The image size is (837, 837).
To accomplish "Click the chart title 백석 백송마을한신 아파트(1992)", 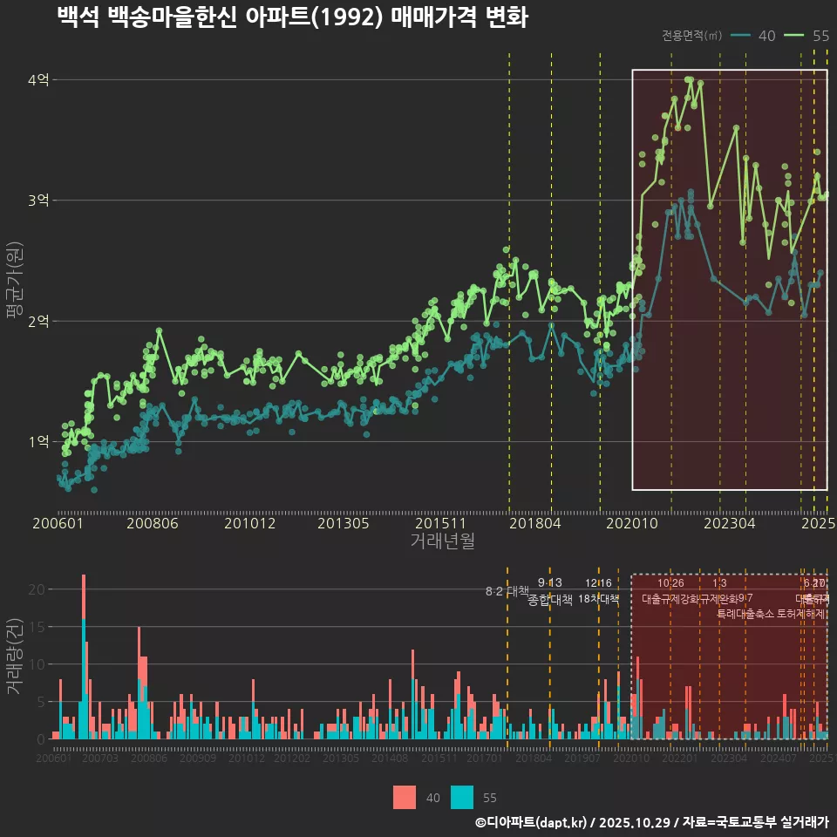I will point(292,17).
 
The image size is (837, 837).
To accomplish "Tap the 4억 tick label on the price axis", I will point(39,80).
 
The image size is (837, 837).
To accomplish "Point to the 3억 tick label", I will point(39,201).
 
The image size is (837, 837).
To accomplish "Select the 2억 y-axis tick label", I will point(39,322).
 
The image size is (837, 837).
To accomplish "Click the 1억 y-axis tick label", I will point(39,442).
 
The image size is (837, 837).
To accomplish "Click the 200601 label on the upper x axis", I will point(58,524).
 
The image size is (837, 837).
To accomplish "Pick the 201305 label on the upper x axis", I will point(343,524).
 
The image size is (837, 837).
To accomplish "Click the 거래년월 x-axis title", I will point(442,541).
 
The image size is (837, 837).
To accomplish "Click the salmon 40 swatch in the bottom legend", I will point(405,797).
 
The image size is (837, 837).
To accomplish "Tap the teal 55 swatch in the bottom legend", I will point(462,797).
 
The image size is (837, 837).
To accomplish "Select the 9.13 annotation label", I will point(549,582).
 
